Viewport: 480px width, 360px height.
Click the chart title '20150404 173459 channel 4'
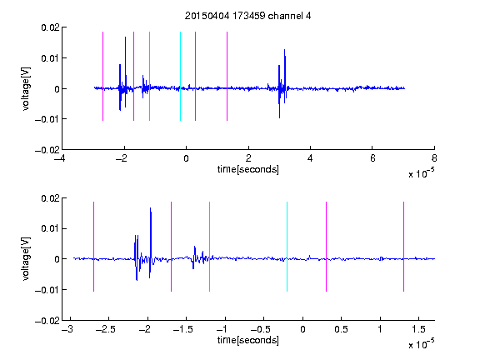(x=247, y=16)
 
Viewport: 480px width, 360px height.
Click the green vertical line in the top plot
(x=149, y=76)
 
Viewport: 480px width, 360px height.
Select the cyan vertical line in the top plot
(x=180, y=76)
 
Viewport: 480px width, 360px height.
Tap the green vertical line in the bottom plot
(x=209, y=247)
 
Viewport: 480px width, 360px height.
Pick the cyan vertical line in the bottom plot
(x=287, y=247)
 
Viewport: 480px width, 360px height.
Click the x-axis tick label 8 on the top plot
(x=434, y=158)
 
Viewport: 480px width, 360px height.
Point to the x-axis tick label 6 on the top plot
(x=372, y=158)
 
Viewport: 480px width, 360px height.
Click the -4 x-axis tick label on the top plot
(x=59, y=158)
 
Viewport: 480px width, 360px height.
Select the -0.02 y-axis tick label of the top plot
(x=47, y=150)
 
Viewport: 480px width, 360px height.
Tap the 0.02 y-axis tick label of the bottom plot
(x=50, y=198)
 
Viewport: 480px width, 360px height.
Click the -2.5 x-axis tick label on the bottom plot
(x=106, y=329)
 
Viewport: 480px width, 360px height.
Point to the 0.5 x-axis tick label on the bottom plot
(x=341, y=329)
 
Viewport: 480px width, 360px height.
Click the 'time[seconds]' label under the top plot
(x=248, y=169)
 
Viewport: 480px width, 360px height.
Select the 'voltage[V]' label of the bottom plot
(x=27, y=258)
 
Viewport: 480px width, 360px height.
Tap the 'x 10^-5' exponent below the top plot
(x=421, y=173)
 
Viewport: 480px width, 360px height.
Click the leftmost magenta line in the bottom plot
(x=93, y=247)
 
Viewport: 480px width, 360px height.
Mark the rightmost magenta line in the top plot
(x=227, y=76)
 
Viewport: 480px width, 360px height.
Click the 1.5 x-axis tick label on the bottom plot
(x=418, y=329)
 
